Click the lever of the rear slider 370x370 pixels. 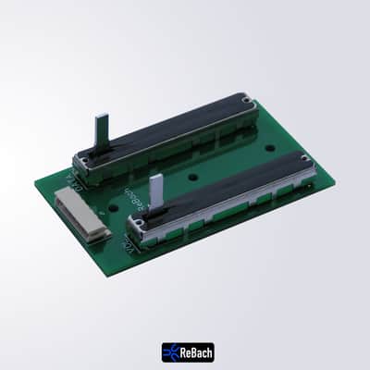coord(102,129)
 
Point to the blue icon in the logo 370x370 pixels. coord(171,351)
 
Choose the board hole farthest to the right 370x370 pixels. coord(270,147)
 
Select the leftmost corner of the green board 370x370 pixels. coord(36,181)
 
